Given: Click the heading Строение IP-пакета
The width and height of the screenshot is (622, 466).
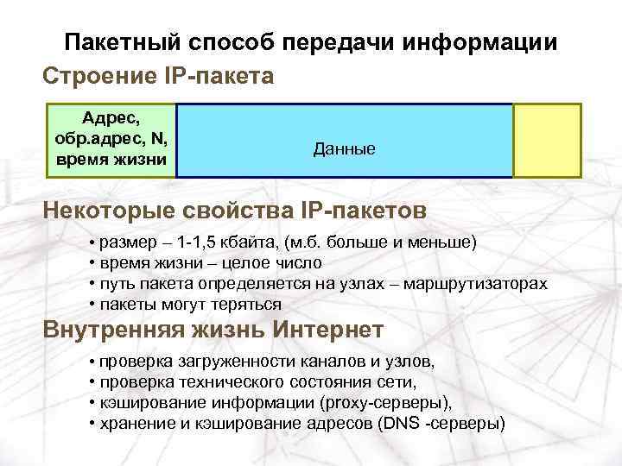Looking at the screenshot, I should tap(158, 77).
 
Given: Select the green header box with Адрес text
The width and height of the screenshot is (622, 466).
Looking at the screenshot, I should tap(111, 140).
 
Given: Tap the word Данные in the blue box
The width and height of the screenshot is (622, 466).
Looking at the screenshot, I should tap(344, 149).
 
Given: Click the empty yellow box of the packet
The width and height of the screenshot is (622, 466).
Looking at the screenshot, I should tap(546, 141).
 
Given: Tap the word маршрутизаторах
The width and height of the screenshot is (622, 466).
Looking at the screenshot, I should tap(485, 283).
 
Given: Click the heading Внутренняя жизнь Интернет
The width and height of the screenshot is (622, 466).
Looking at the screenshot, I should tap(213, 330).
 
